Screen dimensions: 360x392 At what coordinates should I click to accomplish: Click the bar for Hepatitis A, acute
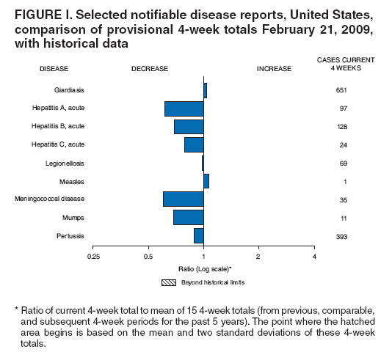point(184,109)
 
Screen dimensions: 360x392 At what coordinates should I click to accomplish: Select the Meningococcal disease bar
point(183,199)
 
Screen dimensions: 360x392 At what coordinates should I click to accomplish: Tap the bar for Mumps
point(188,217)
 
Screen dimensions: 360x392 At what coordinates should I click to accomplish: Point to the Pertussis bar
point(198,235)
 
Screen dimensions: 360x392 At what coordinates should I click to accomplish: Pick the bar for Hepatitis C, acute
point(194,144)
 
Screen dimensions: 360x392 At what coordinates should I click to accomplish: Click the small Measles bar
point(206,180)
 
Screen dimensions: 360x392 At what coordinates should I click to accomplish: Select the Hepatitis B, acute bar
point(189,127)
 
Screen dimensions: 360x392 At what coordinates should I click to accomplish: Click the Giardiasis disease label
point(70,90)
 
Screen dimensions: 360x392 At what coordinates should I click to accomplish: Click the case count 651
point(341,90)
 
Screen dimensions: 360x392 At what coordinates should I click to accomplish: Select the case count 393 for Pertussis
point(341,236)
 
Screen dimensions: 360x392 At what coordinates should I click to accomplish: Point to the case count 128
point(341,127)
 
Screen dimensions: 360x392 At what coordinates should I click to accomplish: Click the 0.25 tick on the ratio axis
point(93,257)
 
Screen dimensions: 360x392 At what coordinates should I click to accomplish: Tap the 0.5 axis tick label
point(148,257)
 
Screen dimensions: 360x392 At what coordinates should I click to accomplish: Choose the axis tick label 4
point(314,257)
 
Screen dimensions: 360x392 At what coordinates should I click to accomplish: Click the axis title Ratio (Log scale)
point(203,269)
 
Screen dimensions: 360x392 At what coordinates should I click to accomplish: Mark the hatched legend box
point(168,282)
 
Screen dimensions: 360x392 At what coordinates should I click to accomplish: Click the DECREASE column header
point(150,68)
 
